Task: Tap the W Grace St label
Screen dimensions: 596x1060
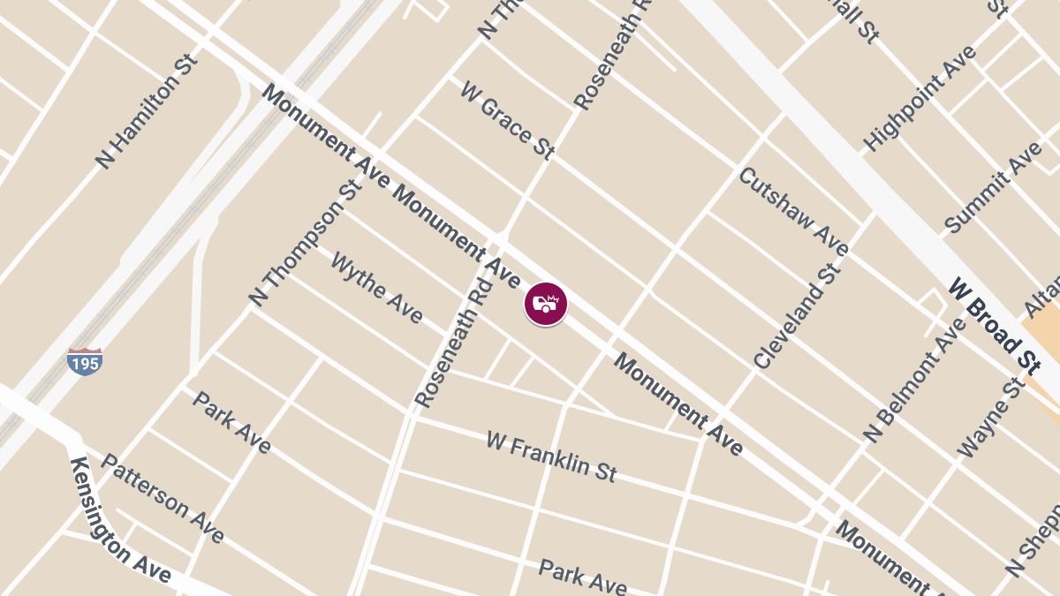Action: click(507, 120)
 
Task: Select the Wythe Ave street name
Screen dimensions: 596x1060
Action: click(376, 288)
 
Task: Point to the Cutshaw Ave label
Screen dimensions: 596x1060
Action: click(793, 211)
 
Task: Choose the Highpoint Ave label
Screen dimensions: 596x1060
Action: click(920, 97)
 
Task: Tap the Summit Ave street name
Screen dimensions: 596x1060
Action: click(993, 187)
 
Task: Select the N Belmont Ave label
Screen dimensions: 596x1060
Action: click(915, 380)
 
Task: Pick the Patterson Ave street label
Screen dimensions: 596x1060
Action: click(163, 499)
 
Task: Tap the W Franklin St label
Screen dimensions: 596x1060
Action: click(550, 456)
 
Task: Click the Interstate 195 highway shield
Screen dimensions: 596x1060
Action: click(85, 361)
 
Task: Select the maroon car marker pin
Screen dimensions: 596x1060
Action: click(546, 304)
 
